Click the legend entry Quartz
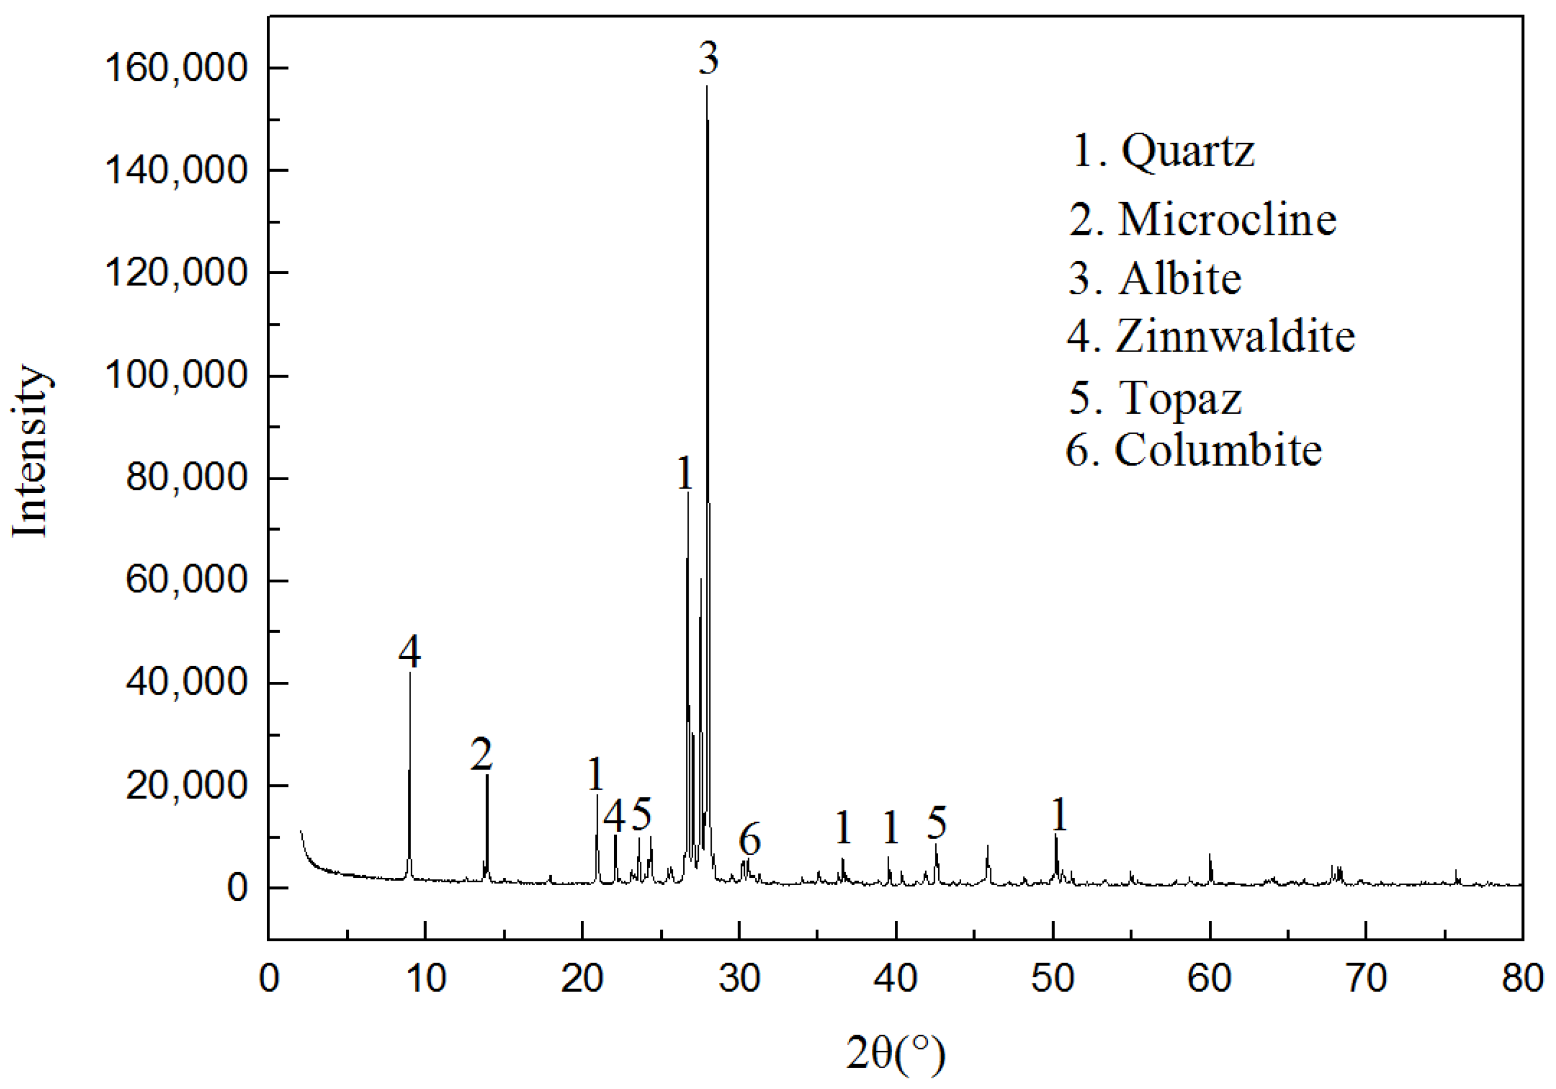pos(1163,151)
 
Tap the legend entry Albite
pos(1155,279)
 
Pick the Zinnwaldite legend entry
pos(1211,336)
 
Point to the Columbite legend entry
pos(1194,450)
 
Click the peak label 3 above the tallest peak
pos(708,59)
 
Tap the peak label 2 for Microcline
pos(481,754)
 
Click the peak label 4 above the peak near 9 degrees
pos(410,651)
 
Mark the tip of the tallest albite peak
pos(707,86)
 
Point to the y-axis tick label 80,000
pos(186,478)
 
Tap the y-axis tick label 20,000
pos(186,785)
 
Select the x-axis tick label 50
pos(1053,978)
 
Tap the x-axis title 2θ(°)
pos(895,1054)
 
